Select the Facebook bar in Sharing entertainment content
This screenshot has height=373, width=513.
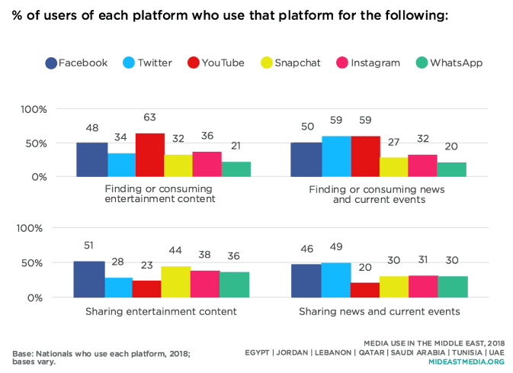coord(89,279)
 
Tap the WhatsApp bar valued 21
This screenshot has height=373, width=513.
coord(236,169)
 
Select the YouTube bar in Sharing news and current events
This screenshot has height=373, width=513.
coord(364,290)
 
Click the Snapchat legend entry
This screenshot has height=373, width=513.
coord(287,63)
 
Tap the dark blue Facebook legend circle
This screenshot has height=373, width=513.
coord(50,63)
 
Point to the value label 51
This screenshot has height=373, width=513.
coord(89,245)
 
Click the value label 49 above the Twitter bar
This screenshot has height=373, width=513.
coord(337,249)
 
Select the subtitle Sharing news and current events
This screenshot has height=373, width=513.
coord(379,311)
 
